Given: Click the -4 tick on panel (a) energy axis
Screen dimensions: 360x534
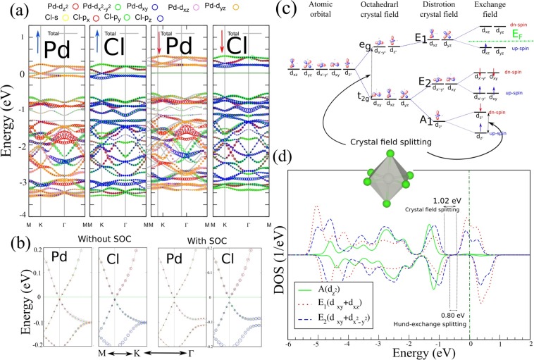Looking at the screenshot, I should (x=23, y=214).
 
